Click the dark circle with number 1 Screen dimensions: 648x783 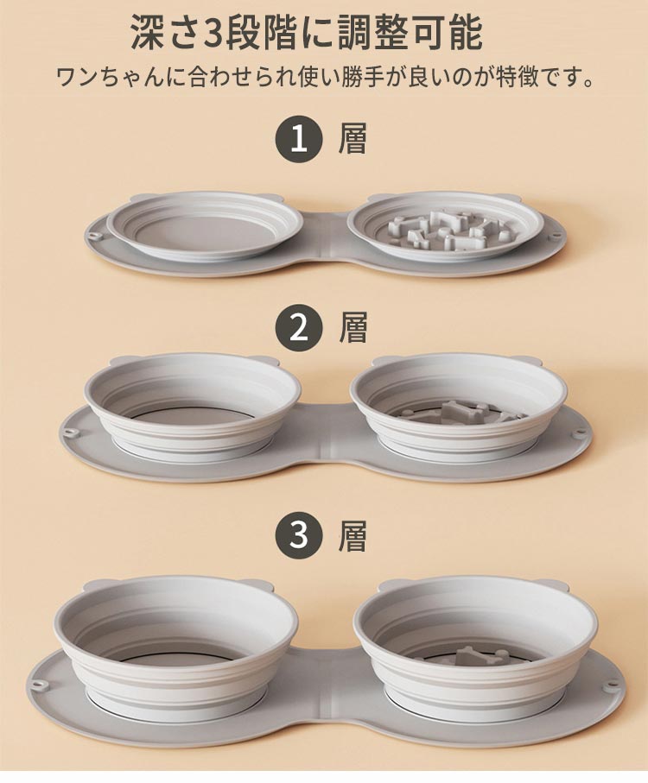click(298, 141)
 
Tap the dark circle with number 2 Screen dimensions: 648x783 click(298, 329)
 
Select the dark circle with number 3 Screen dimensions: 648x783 click(298, 536)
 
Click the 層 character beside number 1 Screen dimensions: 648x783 click(353, 141)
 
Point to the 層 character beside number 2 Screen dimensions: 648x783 click(353, 329)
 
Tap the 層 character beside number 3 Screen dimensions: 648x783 click(353, 536)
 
